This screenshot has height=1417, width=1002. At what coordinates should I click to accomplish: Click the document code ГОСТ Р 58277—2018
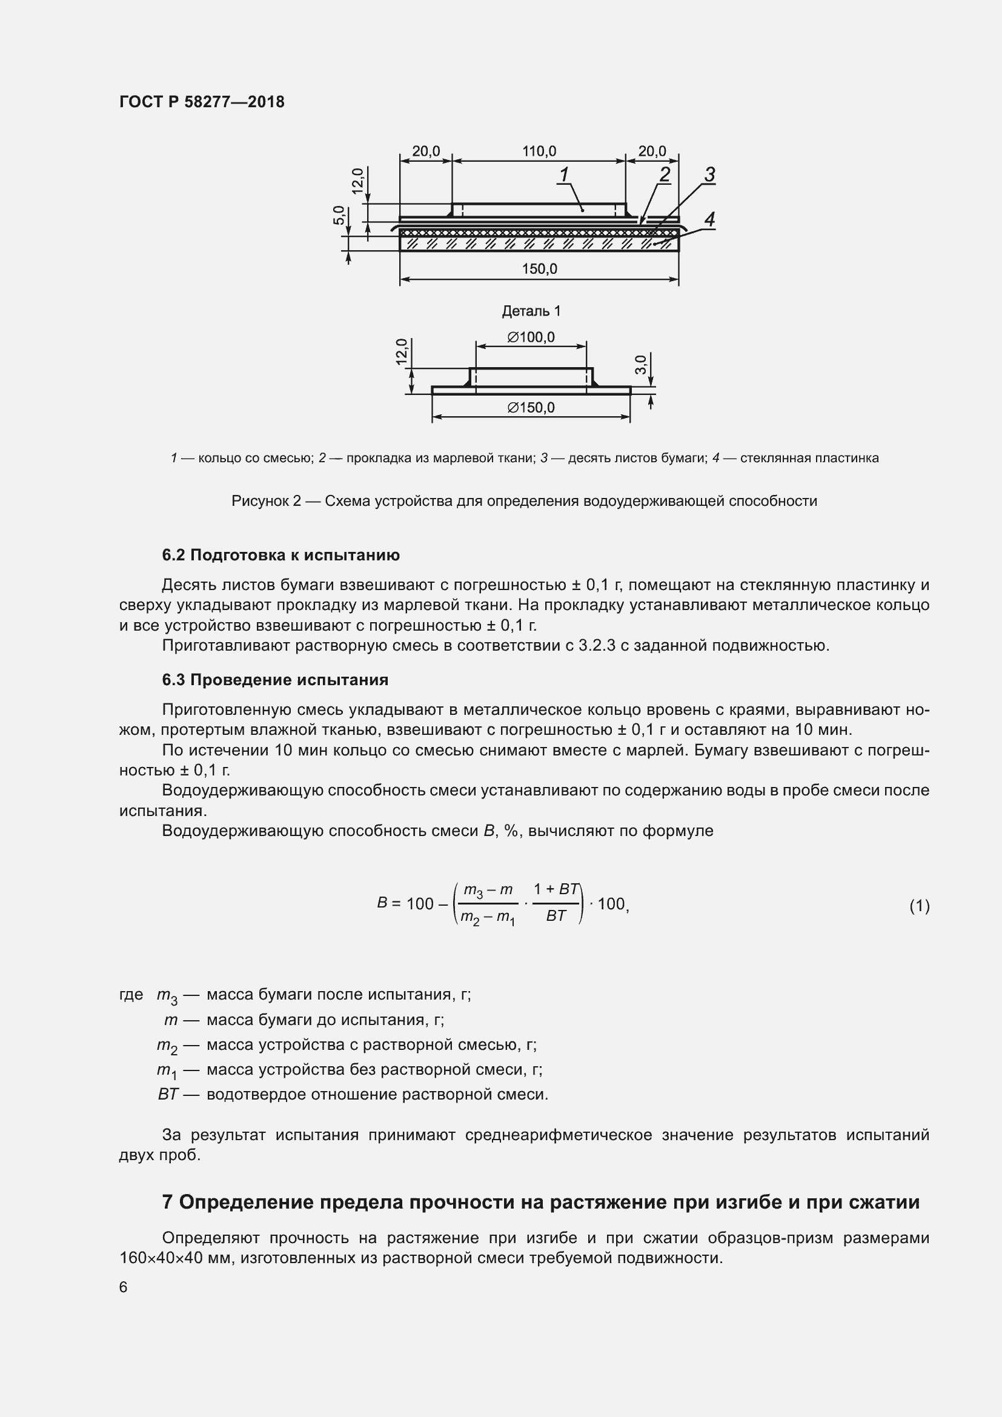click(202, 102)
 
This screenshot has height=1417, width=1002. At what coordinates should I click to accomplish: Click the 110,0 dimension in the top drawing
click(539, 151)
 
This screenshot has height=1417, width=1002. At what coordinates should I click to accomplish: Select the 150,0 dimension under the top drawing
click(539, 269)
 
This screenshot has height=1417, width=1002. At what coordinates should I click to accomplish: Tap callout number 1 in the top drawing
click(563, 174)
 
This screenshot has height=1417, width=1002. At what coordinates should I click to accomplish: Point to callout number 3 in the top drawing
click(709, 174)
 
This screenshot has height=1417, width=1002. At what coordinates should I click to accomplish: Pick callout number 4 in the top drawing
click(709, 219)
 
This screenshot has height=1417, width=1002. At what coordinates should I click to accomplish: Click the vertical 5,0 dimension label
click(339, 216)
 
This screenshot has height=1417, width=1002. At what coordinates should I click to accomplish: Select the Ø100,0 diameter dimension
click(531, 337)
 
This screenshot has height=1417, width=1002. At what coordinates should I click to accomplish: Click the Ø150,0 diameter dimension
click(531, 408)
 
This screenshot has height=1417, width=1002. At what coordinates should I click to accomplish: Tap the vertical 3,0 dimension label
click(641, 364)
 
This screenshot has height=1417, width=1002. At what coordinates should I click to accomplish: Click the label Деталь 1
click(531, 311)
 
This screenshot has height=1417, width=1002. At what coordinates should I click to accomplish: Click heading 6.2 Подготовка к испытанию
click(280, 555)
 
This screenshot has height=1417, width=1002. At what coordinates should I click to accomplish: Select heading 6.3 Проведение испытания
click(275, 680)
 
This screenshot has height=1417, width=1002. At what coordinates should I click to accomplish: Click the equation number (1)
click(919, 905)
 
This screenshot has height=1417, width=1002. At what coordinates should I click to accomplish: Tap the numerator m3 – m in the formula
click(488, 891)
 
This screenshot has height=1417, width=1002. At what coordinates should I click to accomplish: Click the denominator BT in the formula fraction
click(556, 916)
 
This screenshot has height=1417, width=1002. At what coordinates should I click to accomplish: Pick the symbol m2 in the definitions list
click(167, 1046)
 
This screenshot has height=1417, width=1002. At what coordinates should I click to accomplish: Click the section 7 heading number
click(167, 1202)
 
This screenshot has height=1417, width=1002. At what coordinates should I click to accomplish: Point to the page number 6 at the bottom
click(124, 1287)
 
